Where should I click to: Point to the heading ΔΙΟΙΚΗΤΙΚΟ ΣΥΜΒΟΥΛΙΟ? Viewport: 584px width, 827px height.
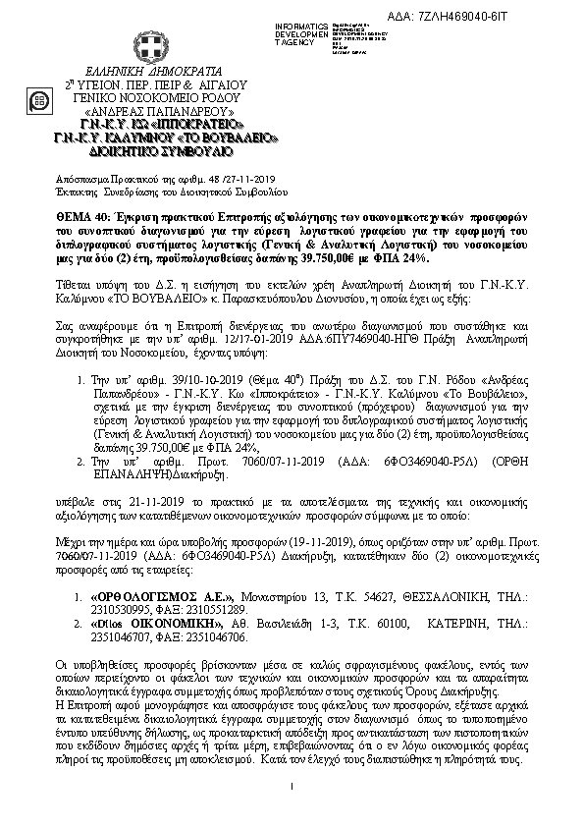pyautogui.click(x=145, y=153)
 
